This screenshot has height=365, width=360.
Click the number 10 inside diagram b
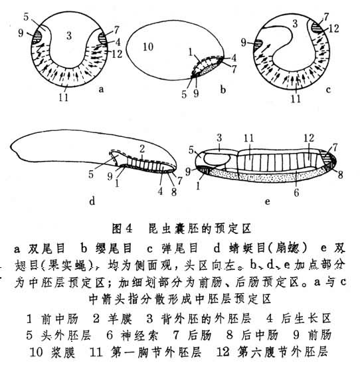click(148, 47)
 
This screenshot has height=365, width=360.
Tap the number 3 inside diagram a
click(69, 36)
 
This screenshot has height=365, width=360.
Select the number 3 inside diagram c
click(295, 23)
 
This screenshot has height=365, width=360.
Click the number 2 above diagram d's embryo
click(142, 149)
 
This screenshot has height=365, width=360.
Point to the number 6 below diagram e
click(296, 193)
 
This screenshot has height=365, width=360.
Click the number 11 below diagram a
click(63, 97)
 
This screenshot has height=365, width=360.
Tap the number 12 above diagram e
click(309, 138)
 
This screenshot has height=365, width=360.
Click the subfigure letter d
click(92, 201)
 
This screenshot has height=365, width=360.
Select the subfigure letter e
click(268, 201)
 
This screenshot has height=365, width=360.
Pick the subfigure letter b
click(223, 89)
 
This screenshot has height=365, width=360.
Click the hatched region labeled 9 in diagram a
click(37, 38)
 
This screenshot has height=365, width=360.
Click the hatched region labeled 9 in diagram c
click(258, 45)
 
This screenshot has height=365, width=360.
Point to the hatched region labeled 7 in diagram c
click(317, 27)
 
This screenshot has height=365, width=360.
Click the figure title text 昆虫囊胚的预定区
click(200, 229)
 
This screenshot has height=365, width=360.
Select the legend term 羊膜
click(120, 318)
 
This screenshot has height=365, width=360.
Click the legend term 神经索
click(139, 336)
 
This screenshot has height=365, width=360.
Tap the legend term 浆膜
click(63, 352)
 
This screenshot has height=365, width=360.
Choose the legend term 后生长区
click(306, 318)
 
